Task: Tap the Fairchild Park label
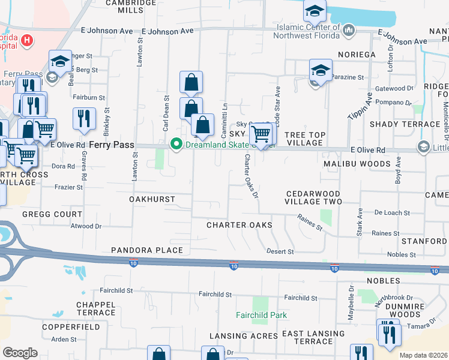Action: click(262, 315)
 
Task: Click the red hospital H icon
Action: click(26, 40)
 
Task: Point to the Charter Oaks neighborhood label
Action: click(239, 225)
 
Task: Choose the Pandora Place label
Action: click(146, 250)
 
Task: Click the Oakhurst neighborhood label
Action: click(152, 199)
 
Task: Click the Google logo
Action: click(20, 353)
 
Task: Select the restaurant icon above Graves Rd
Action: click(84, 118)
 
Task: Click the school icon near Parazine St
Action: click(321, 70)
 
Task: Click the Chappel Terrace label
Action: click(95, 308)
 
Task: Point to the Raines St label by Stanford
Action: click(385, 233)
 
